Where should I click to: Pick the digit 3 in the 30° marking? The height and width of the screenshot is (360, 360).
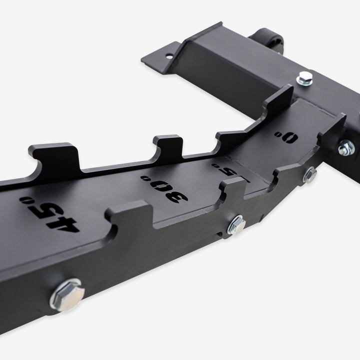pos(177,196)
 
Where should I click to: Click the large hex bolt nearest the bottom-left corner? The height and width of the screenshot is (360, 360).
pos(66,294)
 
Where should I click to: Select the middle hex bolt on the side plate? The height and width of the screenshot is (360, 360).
pos(236,224)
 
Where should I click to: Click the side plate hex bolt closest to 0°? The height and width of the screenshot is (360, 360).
pos(310,174)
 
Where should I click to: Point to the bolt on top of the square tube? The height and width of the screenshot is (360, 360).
pos(304,78)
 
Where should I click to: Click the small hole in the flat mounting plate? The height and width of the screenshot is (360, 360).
pos(169,55)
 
